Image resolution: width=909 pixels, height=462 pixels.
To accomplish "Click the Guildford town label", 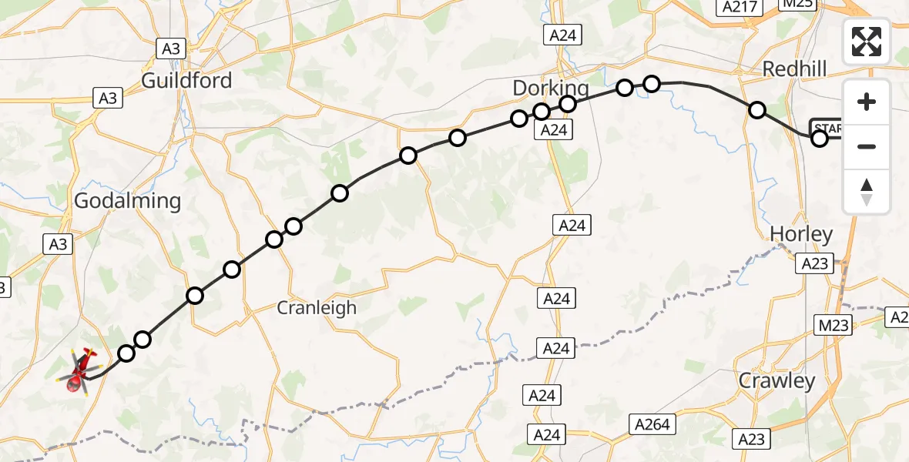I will pos(187,80).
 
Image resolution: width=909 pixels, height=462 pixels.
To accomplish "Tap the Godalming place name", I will pos(128,202).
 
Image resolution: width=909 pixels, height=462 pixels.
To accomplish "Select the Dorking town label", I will pos(551,89).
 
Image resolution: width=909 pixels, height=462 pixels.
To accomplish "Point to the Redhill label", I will pos(794,69).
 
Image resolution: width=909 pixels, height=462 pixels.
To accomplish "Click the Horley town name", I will pos(801,234).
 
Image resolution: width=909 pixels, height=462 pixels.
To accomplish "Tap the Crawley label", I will pos(777,380).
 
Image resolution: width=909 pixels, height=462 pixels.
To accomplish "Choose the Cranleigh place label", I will pos(317,308).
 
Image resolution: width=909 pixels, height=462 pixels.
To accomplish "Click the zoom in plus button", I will pos(867,102).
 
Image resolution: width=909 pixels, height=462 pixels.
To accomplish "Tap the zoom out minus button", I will pos(867,146).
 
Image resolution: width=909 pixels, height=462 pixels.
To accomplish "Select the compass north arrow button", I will pos(867,192).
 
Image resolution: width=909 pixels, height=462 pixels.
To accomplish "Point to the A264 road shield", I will pos(652,423).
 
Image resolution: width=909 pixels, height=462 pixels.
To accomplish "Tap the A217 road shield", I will pos(739,7).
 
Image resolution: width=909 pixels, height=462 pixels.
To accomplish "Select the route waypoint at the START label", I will pos(820,139).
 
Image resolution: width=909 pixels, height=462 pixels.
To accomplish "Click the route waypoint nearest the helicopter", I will pos(126,353).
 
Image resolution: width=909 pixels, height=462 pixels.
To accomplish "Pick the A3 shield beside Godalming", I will pos(58,245).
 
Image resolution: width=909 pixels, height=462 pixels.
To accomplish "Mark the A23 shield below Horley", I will pos(814,264).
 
